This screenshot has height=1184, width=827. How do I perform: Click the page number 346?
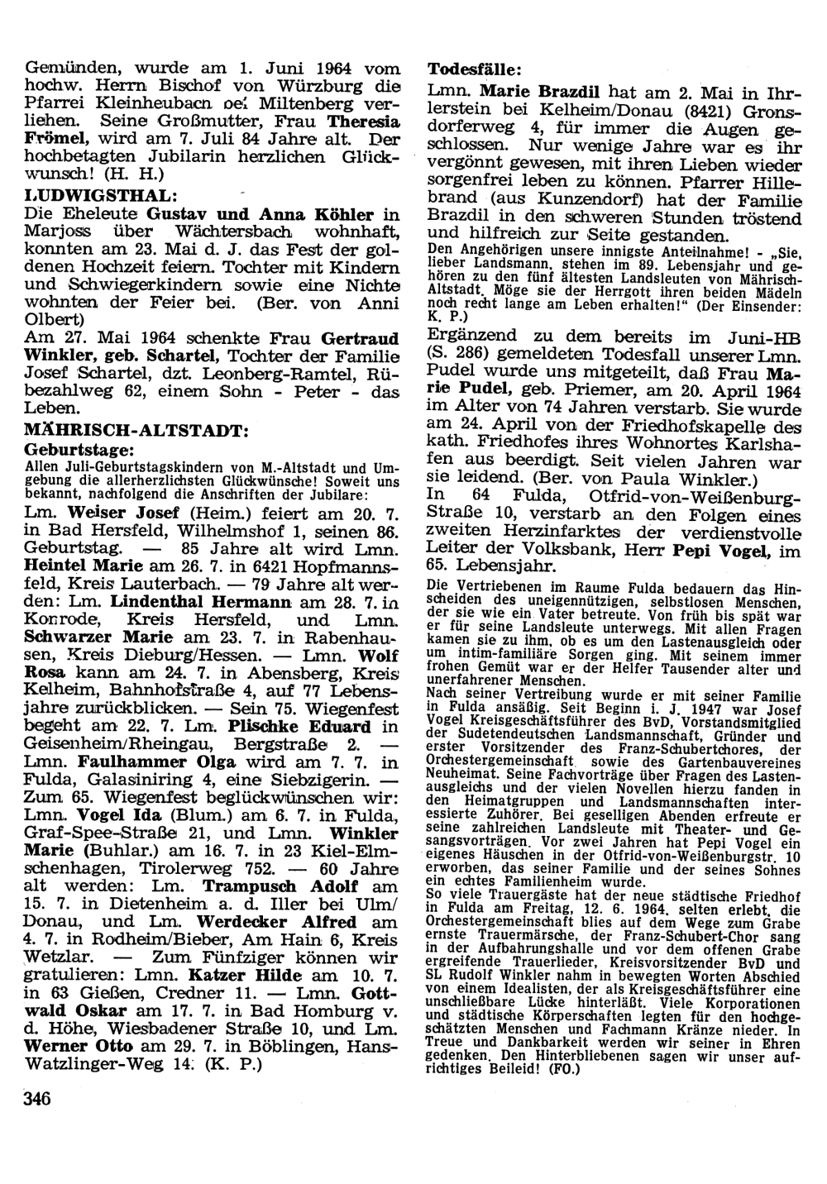pyautogui.click(x=37, y=1099)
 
